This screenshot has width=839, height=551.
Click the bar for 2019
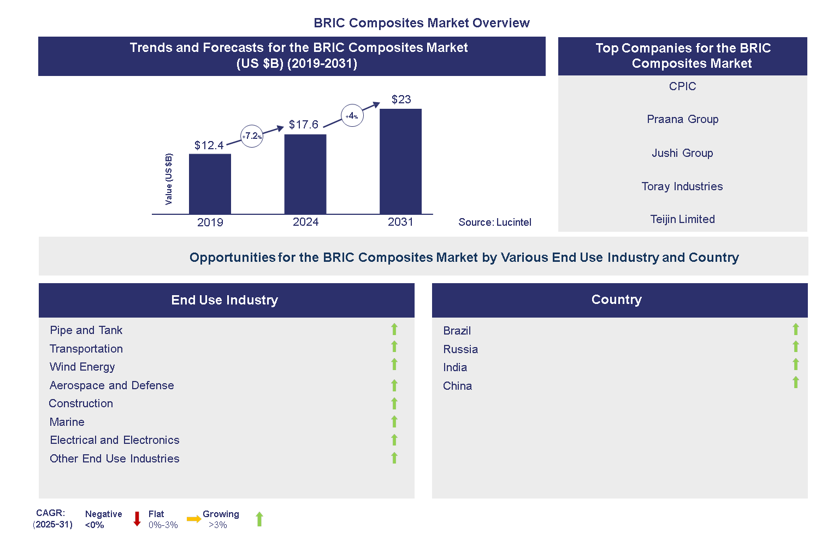coord(210,184)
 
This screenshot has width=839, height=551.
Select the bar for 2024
coord(305,174)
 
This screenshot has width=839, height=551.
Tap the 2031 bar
coord(400,161)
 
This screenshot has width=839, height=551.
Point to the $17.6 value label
coord(304,125)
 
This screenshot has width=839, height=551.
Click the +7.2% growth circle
coord(252,136)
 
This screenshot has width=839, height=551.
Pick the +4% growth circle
coord(352,116)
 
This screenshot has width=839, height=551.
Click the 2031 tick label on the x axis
coord(400,222)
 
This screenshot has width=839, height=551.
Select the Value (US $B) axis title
coord(169,179)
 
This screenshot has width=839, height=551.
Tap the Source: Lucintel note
coord(495,222)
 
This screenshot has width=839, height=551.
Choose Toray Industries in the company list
coord(682,186)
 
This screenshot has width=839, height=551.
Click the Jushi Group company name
coord(682,153)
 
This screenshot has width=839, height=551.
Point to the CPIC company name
coord(682,86)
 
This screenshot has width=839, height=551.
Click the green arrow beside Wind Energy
coord(394,364)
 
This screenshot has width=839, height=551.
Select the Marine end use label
coord(67,422)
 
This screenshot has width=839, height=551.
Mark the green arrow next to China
coord(796,382)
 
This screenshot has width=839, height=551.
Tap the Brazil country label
coord(457,331)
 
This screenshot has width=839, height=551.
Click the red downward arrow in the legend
coord(137,519)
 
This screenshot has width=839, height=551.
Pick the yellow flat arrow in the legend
coord(193,519)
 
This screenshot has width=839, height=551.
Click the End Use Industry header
coord(224,300)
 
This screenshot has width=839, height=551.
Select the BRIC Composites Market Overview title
coord(422,23)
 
